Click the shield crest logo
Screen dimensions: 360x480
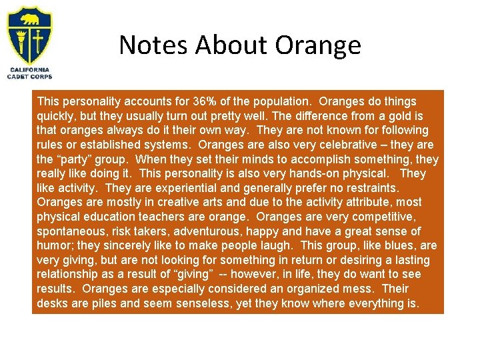29,35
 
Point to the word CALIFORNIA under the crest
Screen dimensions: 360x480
30,69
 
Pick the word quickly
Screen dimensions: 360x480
58,116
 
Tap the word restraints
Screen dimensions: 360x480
368,188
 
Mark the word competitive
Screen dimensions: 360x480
380,217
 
